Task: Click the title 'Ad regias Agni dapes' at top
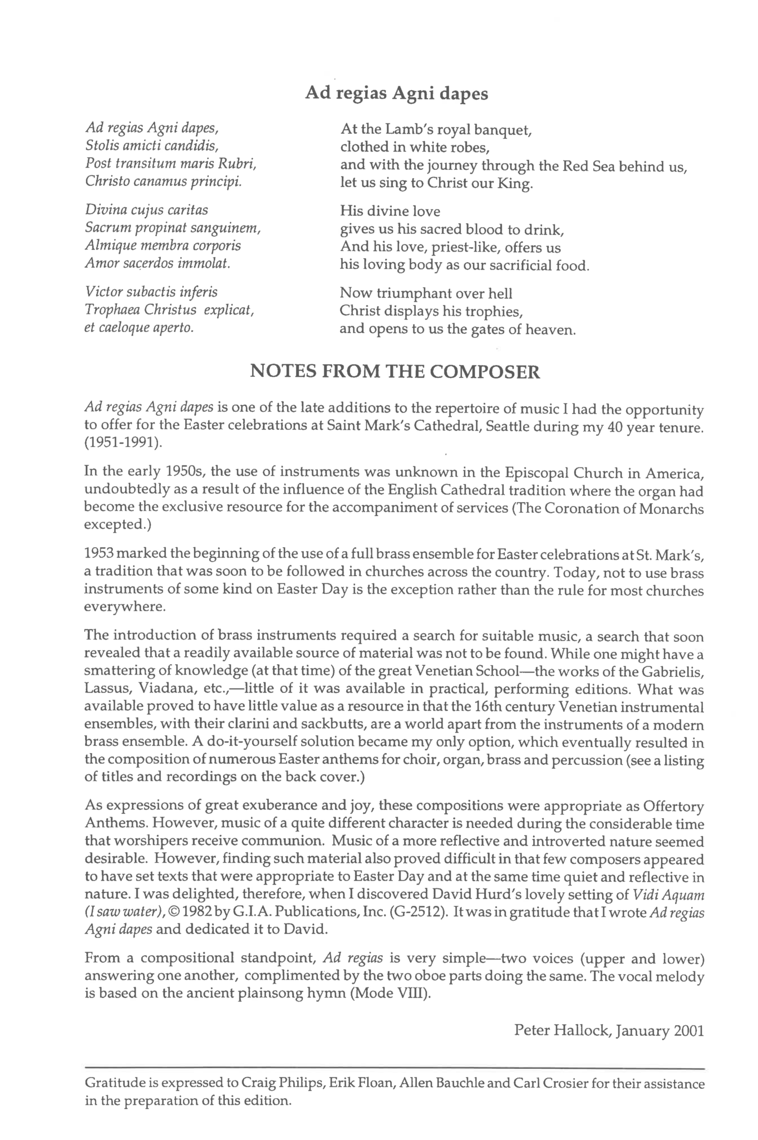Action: pos(396,93)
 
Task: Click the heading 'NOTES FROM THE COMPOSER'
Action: pos(395,371)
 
